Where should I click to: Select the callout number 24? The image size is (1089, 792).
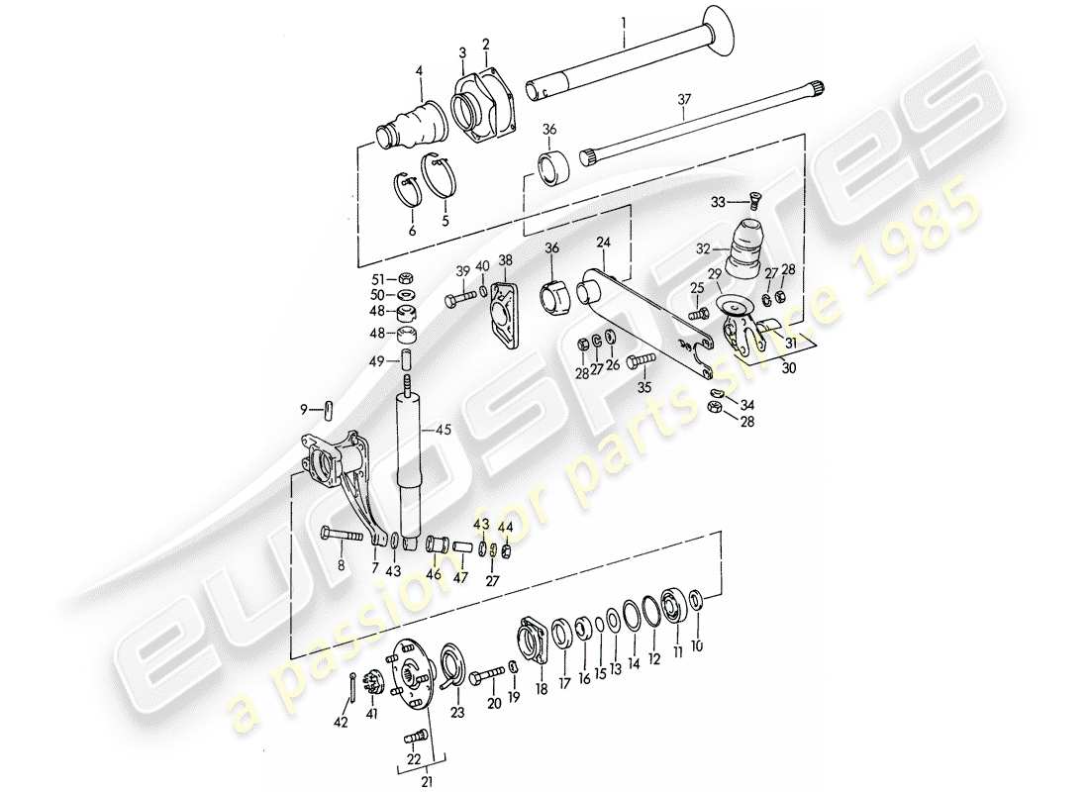click(604, 242)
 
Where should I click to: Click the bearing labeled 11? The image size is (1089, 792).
click(673, 605)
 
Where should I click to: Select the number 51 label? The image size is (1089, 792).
click(378, 278)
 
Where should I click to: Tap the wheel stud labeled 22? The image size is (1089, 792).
click(416, 738)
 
